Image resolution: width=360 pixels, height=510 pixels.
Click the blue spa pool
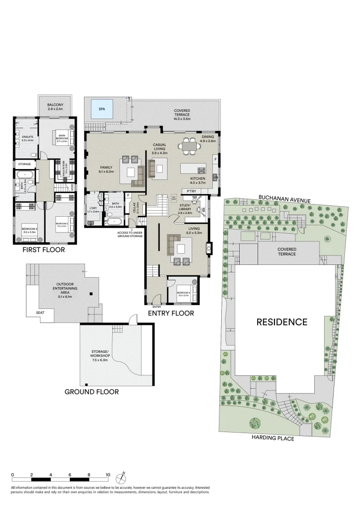pos(102,109)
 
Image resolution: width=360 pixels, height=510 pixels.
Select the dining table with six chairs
pos(191,146)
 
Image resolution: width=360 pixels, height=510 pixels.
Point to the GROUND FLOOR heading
pos(92,391)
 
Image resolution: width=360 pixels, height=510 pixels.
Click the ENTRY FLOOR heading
pos(171,313)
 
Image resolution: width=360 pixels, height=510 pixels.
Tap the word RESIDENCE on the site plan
pos(282,323)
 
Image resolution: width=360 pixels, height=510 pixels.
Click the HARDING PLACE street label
pos(273,439)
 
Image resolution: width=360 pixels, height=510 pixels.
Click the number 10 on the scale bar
pos(108,475)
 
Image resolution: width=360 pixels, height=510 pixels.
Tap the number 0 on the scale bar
pos(13,475)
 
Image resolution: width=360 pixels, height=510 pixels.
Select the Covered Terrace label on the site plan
pos(287,251)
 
